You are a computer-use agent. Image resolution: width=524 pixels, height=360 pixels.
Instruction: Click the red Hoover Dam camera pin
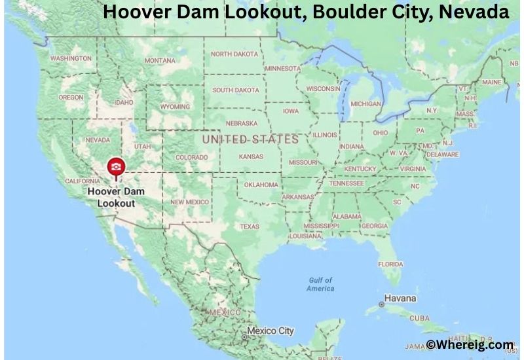pyautogui.click(x=116, y=168)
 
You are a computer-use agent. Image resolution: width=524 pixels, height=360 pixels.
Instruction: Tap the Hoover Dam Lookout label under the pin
pyautogui.click(x=115, y=198)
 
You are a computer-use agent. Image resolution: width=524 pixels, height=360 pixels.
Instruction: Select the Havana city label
pyautogui.click(x=400, y=298)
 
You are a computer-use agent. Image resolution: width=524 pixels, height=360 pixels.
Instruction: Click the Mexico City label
pyautogui.click(x=270, y=331)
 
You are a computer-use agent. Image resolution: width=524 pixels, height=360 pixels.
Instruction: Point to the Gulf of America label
pyautogui.click(x=320, y=284)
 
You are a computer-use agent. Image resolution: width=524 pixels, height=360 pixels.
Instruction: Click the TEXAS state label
pyautogui.click(x=249, y=226)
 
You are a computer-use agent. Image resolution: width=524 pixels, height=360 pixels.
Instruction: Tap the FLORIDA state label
pyautogui.click(x=390, y=264)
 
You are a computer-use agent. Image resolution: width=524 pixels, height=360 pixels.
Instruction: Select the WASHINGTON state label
pyautogui.click(x=71, y=58)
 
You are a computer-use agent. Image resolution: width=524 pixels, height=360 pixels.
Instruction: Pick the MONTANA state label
pyautogui.click(x=160, y=61)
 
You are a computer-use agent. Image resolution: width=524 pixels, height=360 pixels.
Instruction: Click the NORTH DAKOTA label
pyautogui.click(x=234, y=54)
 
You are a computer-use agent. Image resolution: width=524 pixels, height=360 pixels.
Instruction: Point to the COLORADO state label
pyautogui.click(x=191, y=157)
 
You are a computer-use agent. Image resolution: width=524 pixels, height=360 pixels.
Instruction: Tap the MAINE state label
pyautogui.click(x=491, y=82)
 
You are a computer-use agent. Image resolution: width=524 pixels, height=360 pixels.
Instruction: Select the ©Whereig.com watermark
pyautogui.click(x=470, y=344)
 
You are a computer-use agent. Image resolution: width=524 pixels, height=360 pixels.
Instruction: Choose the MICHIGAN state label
pyautogui.click(x=365, y=103)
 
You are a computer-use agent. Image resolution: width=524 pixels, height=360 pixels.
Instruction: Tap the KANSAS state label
pyautogui.click(x=251, y=157)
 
